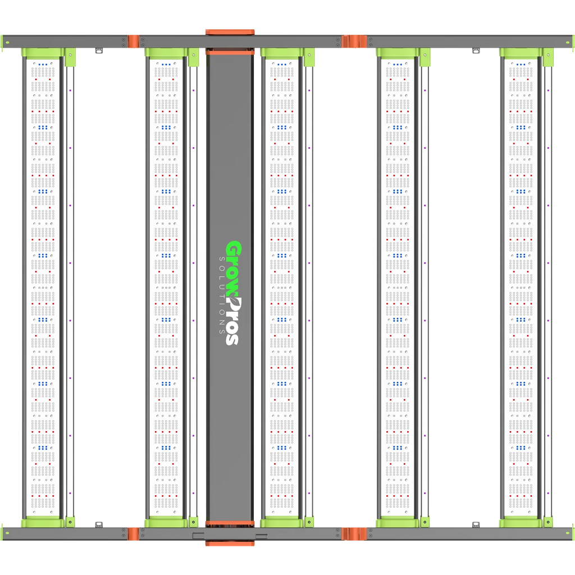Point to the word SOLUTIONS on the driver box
tap(221, 295)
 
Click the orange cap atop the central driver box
tap(230, 32)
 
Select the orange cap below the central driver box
tap(230, 543)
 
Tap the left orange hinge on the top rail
tap(133, 42)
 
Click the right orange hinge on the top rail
tap(354, 42)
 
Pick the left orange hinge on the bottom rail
tap(133, 533)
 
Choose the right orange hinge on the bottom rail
tap(354, 533)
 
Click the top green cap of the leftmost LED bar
tap(43, 53)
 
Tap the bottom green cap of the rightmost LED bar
tap(521, 522)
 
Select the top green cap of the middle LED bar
tap(282, 53)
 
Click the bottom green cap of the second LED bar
tap(166, 522)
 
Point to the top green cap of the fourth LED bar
tap(398, 53)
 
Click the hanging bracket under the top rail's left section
tap(99, 51)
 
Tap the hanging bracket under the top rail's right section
tap(476, 51)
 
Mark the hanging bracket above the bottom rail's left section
tap(99, 525)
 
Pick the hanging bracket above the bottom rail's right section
tap(476, 525)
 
